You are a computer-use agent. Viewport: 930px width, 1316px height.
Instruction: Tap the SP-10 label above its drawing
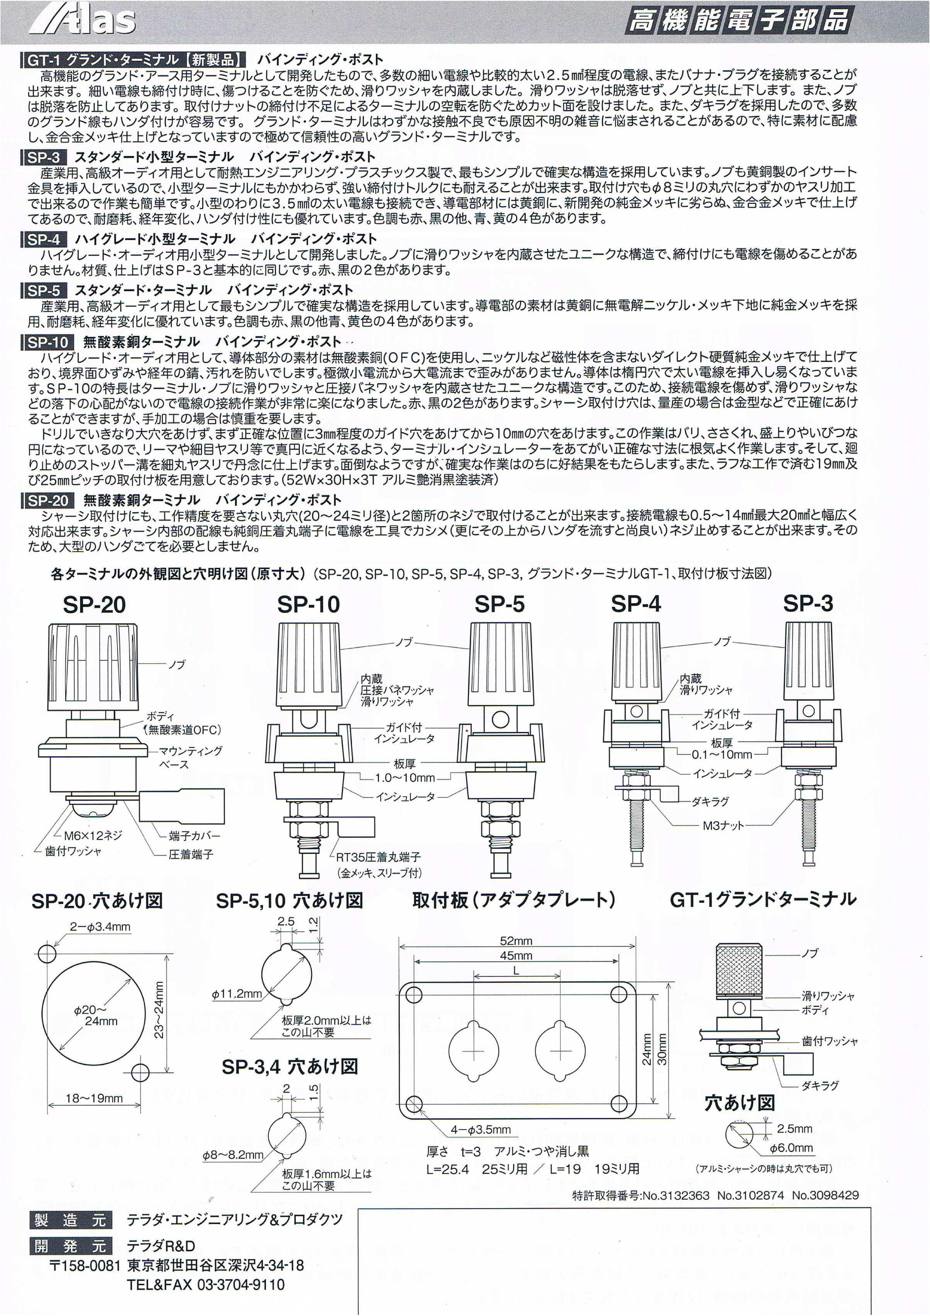[308, 604]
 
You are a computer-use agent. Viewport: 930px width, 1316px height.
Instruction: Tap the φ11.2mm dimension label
[237, 993]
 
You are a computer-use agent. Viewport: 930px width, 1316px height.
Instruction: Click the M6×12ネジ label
[93, 835]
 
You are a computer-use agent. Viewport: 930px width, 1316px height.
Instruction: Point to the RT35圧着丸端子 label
[378, 857]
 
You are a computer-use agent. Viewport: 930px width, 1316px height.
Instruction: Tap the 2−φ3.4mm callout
[100, 927]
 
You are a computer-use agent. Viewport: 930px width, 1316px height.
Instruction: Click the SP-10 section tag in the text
[48, 342]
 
